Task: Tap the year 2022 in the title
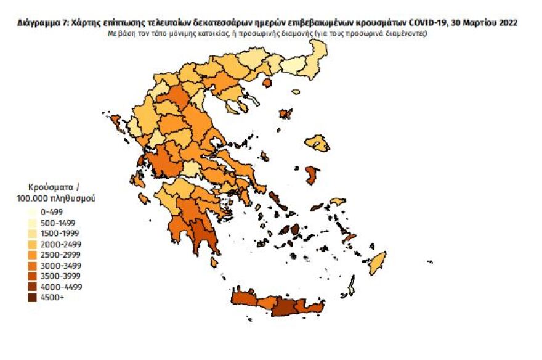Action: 506,22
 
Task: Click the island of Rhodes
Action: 376,263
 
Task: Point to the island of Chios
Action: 312,175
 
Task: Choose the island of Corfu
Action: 115,125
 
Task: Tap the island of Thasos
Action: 267,82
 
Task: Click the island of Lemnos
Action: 285,114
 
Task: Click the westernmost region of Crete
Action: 243,299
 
